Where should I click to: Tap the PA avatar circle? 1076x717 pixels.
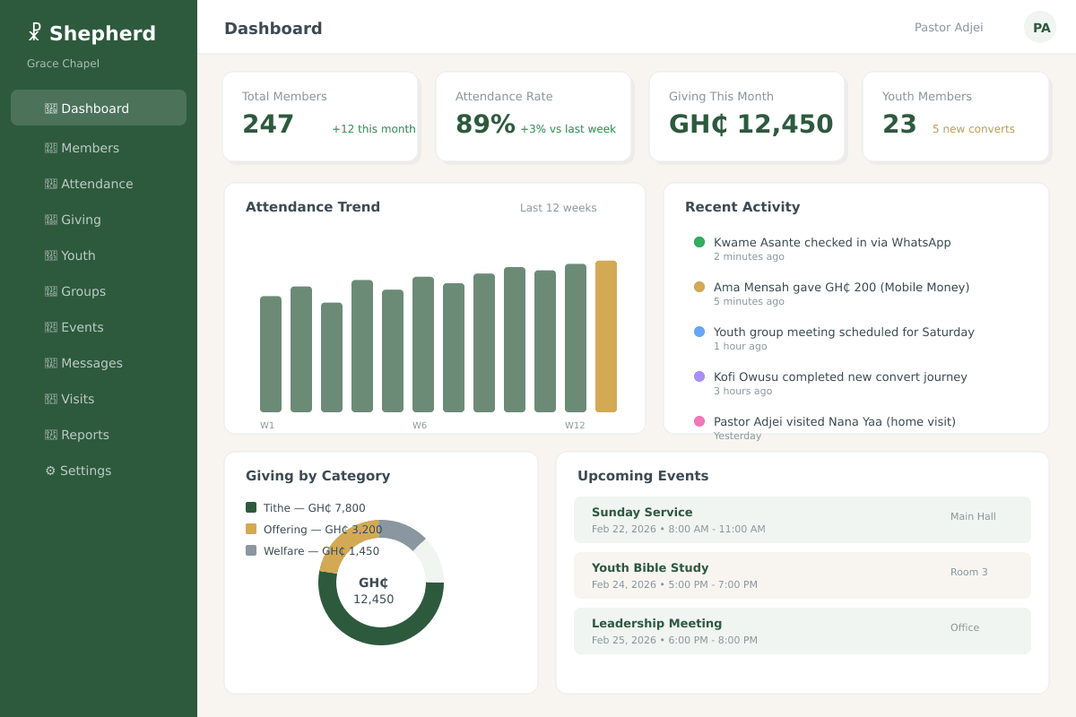1040,27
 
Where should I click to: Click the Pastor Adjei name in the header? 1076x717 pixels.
948,28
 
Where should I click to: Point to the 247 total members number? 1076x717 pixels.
267,124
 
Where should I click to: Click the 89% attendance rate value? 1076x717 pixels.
485,124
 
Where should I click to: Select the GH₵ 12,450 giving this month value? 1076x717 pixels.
751,124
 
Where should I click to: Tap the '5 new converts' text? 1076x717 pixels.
973,129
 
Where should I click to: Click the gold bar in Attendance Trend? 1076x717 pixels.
605,336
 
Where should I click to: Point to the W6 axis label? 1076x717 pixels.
420,426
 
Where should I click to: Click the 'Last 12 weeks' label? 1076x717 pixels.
558,208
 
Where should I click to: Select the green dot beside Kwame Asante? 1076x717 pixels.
699,242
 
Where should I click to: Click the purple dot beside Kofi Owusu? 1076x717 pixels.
699,376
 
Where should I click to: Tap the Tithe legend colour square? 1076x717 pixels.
251,507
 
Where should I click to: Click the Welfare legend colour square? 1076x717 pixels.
251,550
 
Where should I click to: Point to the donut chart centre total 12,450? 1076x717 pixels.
373,599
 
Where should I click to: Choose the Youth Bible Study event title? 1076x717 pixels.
650,567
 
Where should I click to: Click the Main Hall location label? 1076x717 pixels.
973,516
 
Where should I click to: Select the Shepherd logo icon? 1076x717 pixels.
34,32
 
